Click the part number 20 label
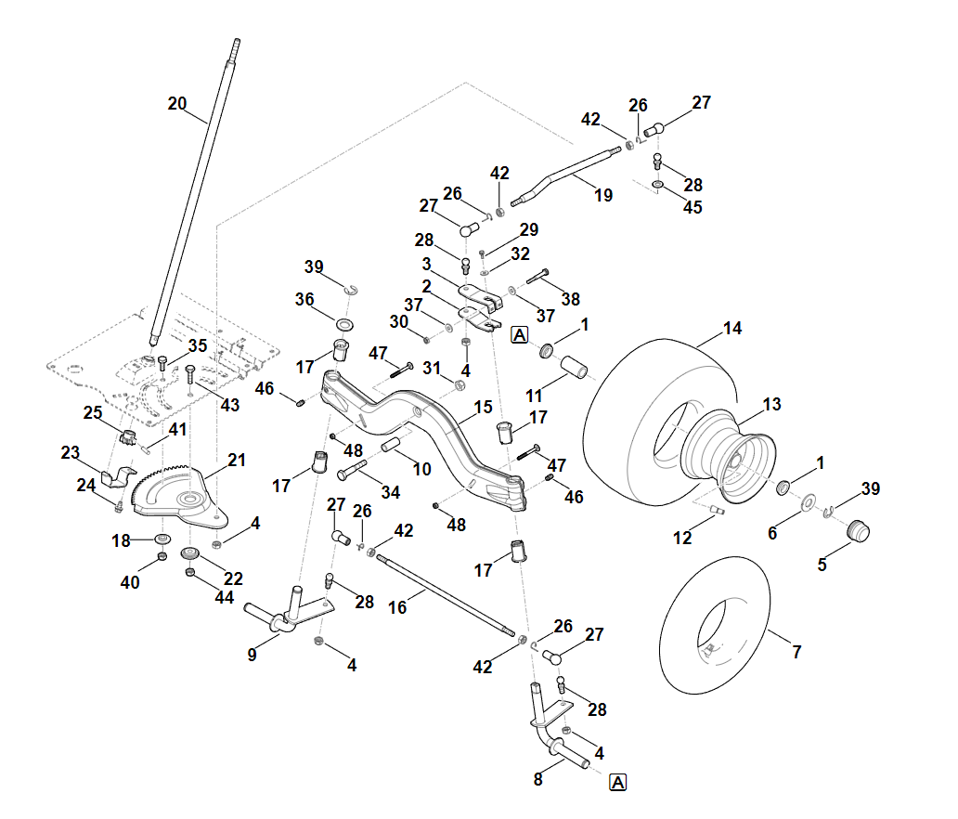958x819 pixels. pyautogui.click(x=177, y=103)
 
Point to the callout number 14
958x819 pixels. pyautogui.click(x=733, y=328)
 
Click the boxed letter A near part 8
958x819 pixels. pyautogui.click(x=618, y=783)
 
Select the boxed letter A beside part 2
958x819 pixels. pyautogui.click(x=519, y=334)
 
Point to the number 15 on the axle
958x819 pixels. pyautogui.click(x=483, y=408)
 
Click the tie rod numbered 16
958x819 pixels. pyautogui.click(x=446, y=593)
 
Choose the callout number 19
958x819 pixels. pyautogui.click(x=604, y=195)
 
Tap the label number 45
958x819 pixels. pyautogui.click(x=693, y=207)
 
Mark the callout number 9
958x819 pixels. pyautogui.click(x=252, y=654)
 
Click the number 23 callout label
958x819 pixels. pyautogui.click(x=71, y=453)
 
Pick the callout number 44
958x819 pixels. pyautogui.click(x=225, y=598)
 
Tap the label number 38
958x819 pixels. pyautogui.click(x=571, y=299)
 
